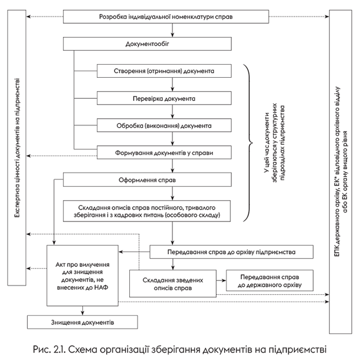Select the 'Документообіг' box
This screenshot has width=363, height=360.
point(147,44)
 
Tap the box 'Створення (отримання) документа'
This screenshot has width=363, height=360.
point(164,71)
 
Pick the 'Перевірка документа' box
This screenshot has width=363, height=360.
point(164,98)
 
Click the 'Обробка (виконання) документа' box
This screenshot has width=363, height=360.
point(164,125)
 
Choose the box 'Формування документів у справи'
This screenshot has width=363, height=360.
point(164,152)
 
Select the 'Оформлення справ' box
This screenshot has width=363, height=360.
point(147,180)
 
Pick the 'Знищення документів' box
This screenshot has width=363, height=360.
point(83,322)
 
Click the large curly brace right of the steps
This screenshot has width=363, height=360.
point(248,142)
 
